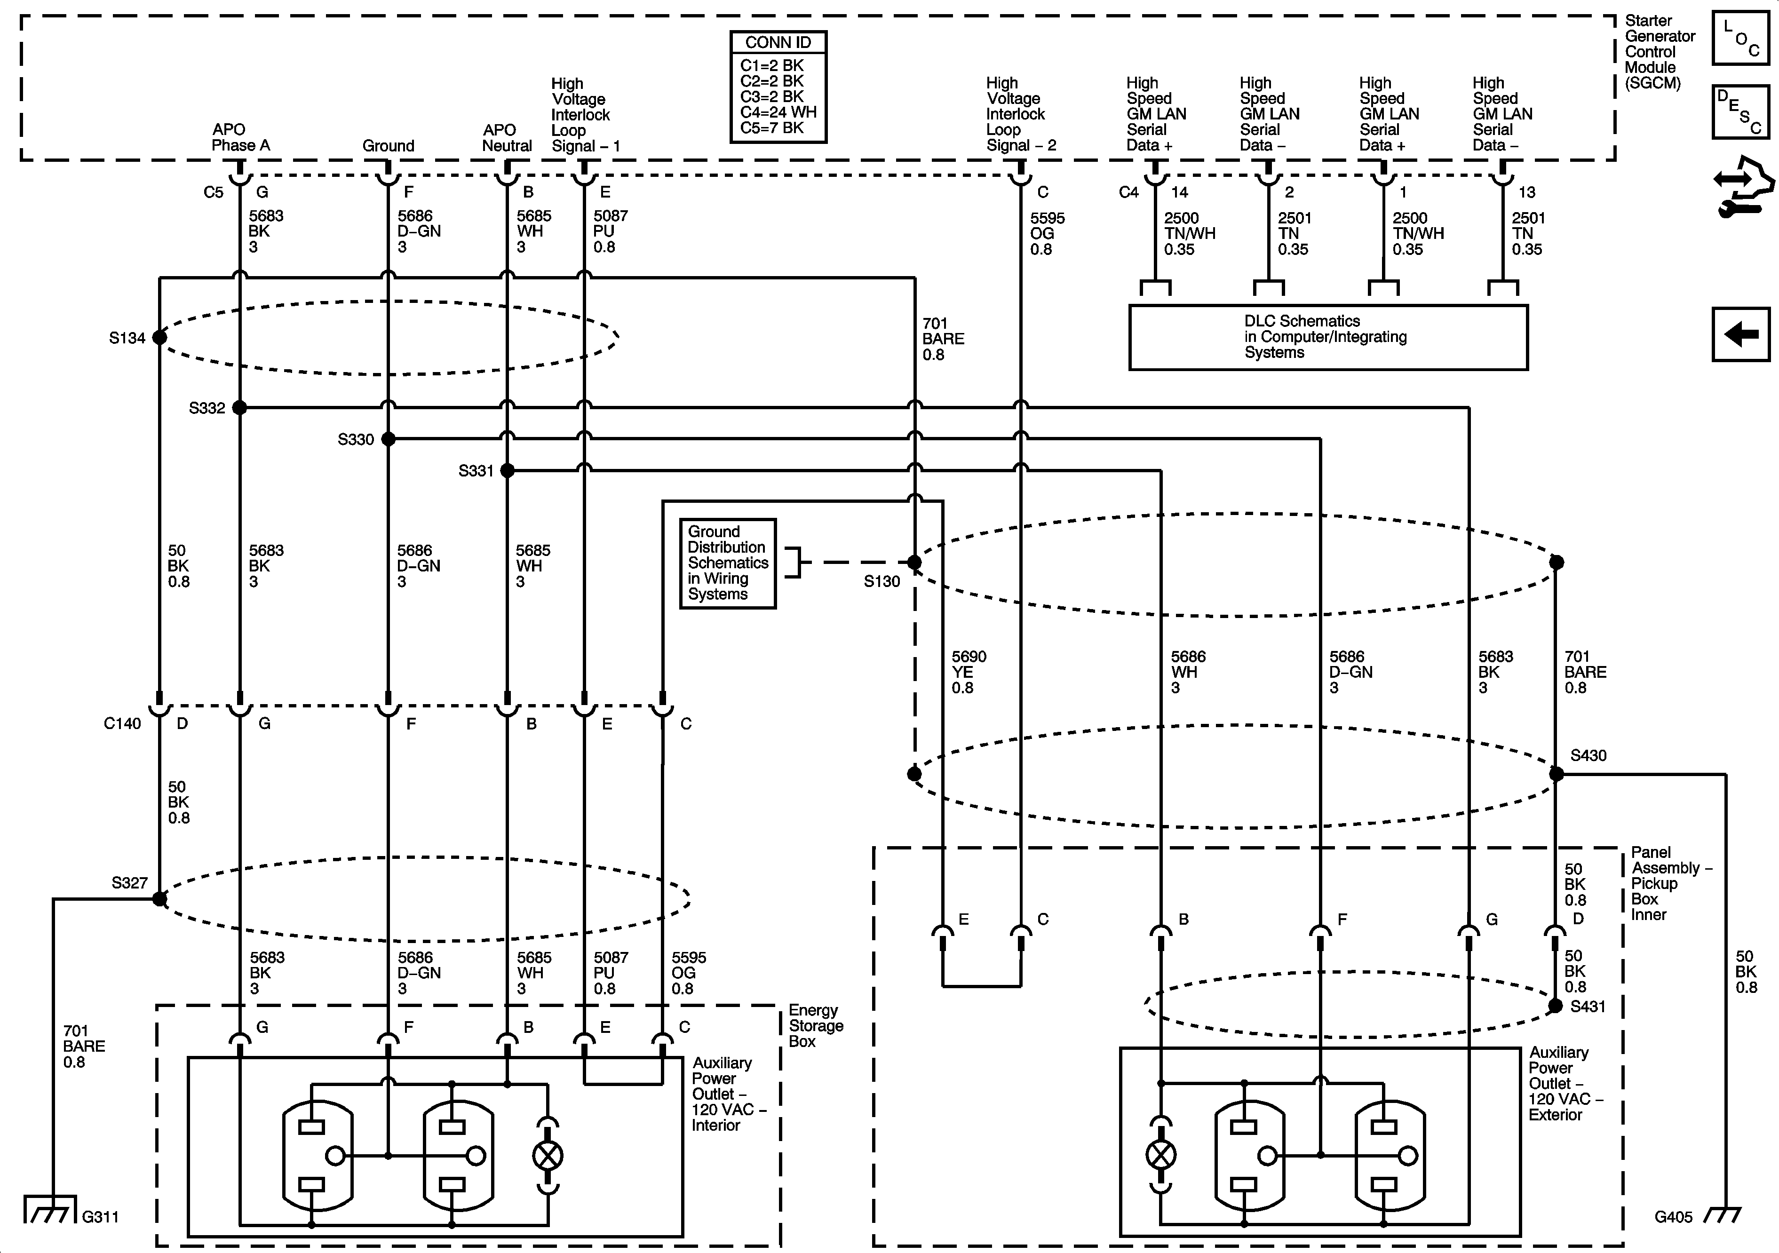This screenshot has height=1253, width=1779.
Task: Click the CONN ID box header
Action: [x=778, y=43]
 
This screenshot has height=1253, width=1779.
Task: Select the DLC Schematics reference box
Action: [x=1327, y=337]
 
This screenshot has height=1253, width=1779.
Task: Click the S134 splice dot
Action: [x=159, y=337]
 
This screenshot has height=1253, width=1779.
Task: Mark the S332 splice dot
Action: [x=240, y=408]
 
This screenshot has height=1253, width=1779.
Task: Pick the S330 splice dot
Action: [x=388, y=439]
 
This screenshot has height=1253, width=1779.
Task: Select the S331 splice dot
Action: [x=508, y=470]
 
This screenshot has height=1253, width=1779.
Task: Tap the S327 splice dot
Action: [x=159, y=899]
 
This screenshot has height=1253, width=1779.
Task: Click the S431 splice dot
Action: [x=1555, y=1006]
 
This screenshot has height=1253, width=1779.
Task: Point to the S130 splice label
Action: [x=882, y=581]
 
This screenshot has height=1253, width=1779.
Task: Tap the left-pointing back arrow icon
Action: [x=1740, y=335]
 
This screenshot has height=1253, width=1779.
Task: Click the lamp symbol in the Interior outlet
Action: [x=548, y=1156]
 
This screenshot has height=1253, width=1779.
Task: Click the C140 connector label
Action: [x=122, y=724]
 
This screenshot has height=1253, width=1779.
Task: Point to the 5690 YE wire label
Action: [x=969, y=672]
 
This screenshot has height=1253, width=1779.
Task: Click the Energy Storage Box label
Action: [x=815, y=1026]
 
